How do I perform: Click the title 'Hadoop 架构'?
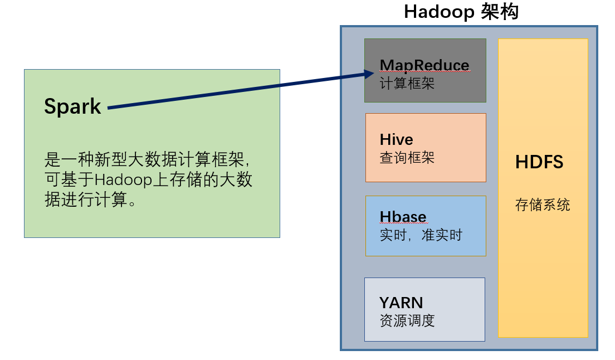pyautogui.click(x=461, y=12)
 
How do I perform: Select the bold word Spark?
pyautogui.click(x=72, y=106)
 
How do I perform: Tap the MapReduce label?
pyautogui.click(x=424, y=66)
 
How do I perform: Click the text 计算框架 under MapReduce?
pyautogui.click(x=407, y=84)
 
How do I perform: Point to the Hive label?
pyautogui.click(x=396, y=139)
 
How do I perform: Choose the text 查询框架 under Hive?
pyautogui.click(x=407, y=158)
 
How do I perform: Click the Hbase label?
pyautogui.click(x=403, y=217)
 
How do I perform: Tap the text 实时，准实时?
pyautogui.click(x=421, y=235)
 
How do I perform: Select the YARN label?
pyautogui.click(x=401, y=303)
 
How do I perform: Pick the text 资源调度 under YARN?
pyautogui.click(x=407, y=320)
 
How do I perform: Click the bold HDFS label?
pyautogui.click(x=539, y=162)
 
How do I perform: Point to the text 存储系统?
pyautogui.click(x=542, y=205)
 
